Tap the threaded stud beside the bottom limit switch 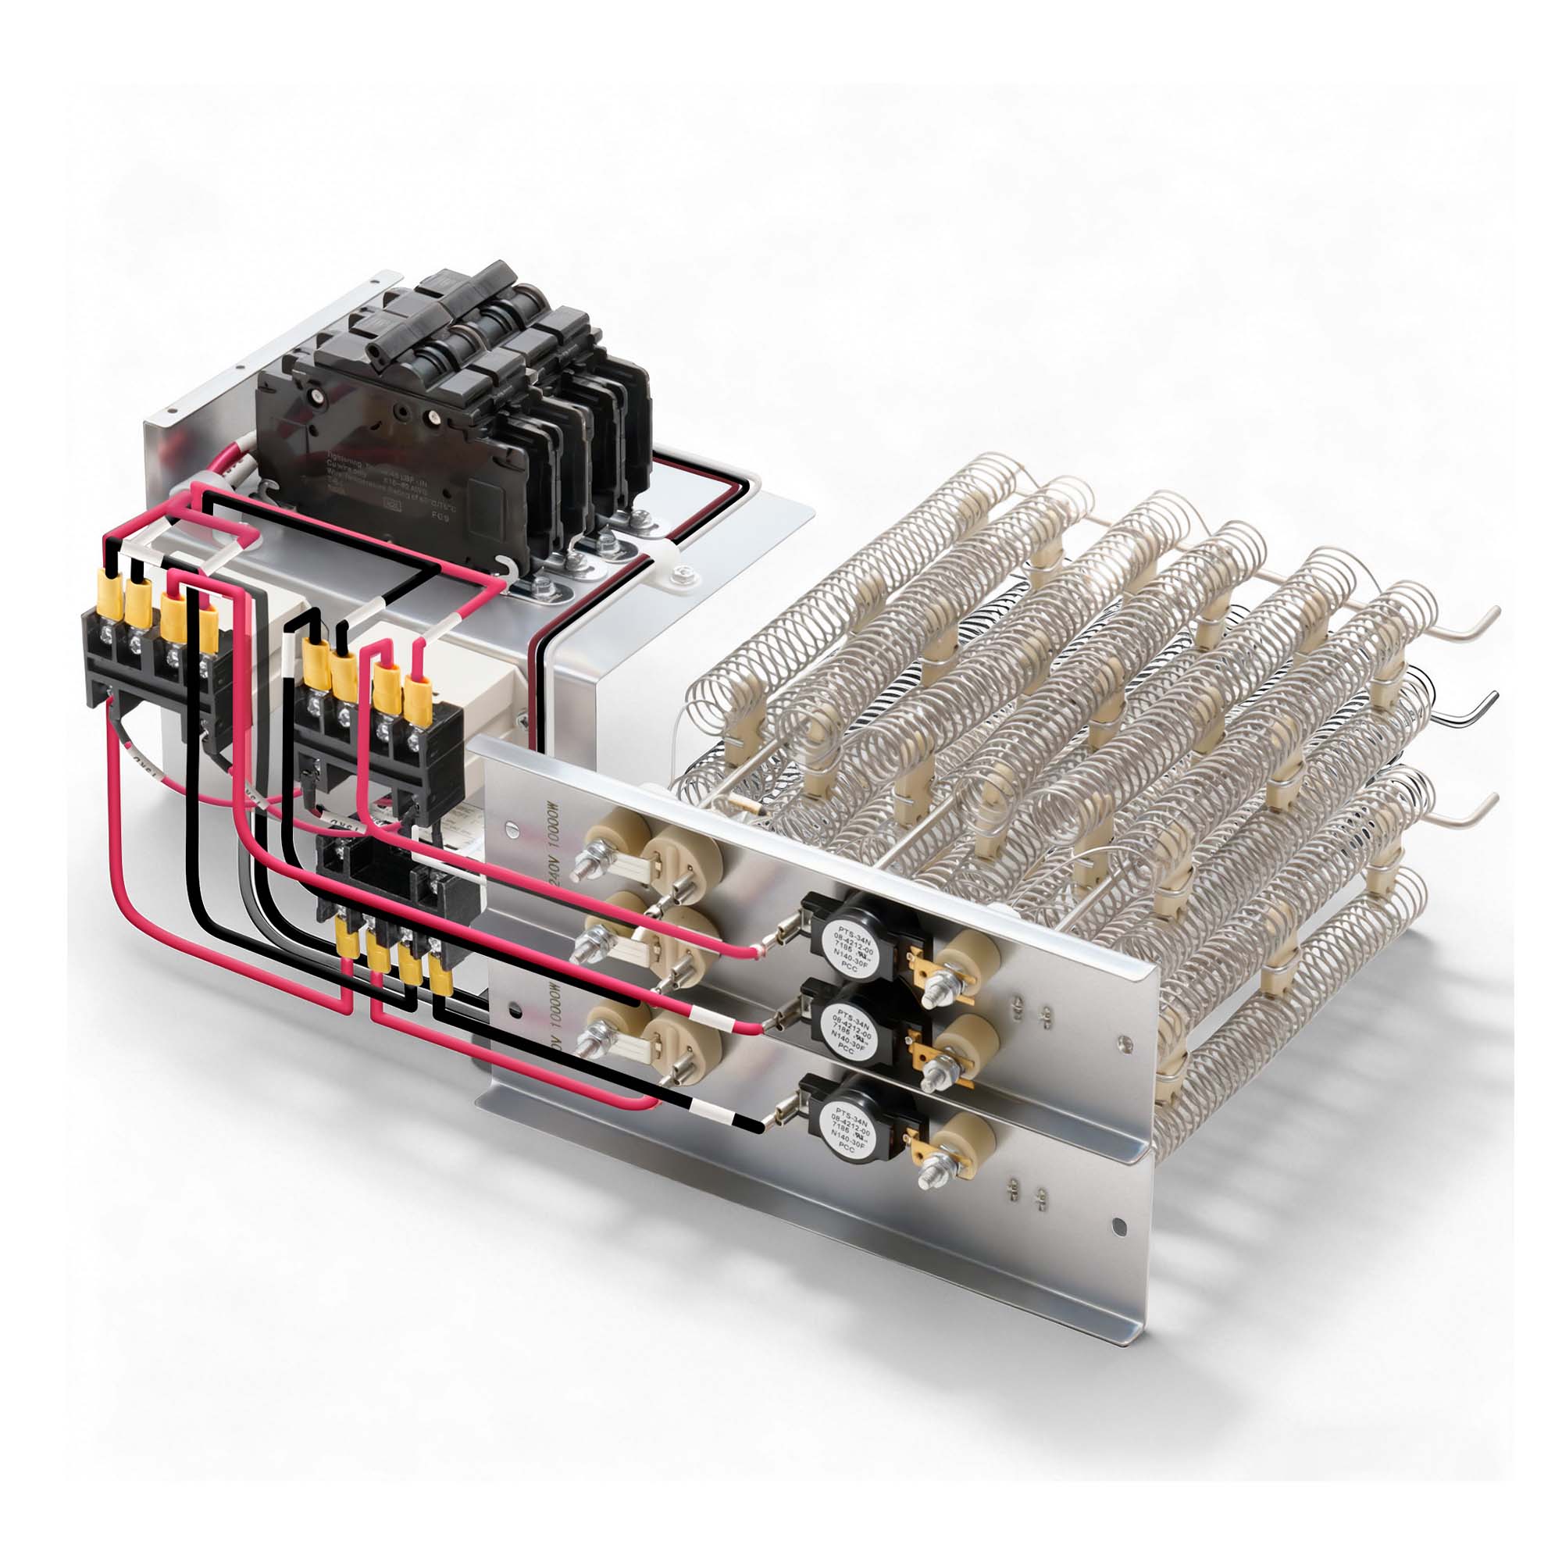[938, 1174]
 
